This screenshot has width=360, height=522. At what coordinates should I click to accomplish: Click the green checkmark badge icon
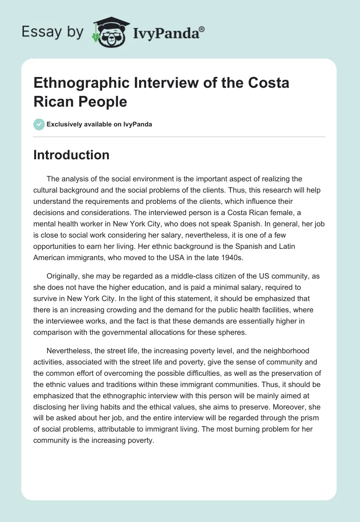click(39, 124)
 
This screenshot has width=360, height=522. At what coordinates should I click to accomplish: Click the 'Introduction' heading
click(72, 155)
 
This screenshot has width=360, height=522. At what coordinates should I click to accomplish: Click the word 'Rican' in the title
click(55, 102)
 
